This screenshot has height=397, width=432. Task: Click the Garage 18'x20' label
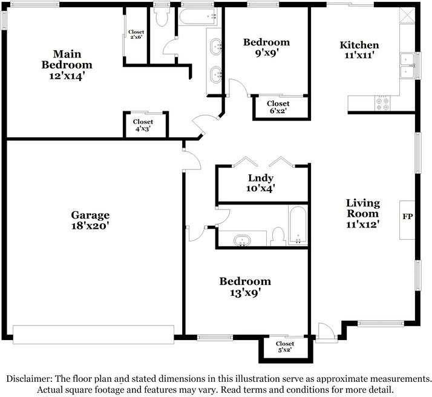click(90, 220)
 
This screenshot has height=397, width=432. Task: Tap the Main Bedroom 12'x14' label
click(67, 64)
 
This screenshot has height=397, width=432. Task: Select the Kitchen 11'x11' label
click(359, 50)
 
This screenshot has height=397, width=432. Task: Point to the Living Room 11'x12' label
click(362, 213)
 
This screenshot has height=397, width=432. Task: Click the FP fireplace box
click(407, 216)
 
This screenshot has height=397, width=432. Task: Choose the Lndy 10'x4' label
click(261, 183)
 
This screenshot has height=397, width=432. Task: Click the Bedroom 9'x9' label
click(266, 47)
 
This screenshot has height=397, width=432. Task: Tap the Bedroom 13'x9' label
click(245, 286)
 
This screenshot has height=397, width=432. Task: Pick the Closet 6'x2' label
click(278, 107)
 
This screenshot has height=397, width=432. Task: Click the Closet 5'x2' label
click(285, 347)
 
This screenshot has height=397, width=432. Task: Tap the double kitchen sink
click(407, 66)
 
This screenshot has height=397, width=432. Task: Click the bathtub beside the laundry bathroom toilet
click(297, 225)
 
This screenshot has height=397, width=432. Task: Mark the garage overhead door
click(93, 333)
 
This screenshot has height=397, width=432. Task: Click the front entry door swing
click(325, 331)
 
